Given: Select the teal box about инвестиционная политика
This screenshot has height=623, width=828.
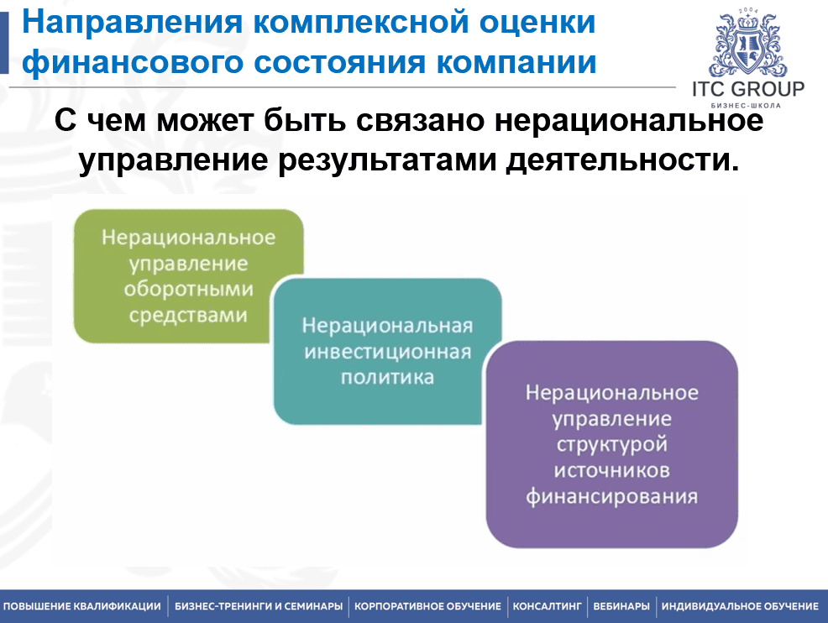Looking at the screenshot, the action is tap(387, 351).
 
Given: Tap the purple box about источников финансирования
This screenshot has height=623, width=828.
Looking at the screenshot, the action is tap(611, 444).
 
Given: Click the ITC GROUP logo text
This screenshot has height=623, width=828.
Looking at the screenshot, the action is tap(748, 89).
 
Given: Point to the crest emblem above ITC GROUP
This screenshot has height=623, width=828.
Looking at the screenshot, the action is tap(747, 44).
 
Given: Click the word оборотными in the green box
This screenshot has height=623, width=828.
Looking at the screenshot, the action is tap(188, 290).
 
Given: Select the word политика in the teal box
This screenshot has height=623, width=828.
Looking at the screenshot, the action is tap(387, 378).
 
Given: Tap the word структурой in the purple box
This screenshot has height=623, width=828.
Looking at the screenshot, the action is tap(611, 444).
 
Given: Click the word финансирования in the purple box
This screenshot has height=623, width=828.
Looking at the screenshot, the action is tap(611, 496).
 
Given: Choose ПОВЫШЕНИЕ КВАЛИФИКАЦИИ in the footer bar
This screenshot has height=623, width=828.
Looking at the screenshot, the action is tap(81, 606).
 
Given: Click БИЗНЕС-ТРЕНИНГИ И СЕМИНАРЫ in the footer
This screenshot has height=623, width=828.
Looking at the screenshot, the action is tap(259, 606).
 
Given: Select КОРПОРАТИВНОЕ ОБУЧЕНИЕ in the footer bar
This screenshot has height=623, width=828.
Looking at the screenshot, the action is tap(427, 606).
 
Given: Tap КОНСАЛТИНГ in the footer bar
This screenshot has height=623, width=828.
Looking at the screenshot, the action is tap(547, 606).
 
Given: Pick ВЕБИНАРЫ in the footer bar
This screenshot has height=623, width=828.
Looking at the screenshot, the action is tap(621, 606).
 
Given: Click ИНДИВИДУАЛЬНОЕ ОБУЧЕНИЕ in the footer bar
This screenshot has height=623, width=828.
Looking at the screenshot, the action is tap(740, 606).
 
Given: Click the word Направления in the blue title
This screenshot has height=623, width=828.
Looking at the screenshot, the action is tap(132, 24).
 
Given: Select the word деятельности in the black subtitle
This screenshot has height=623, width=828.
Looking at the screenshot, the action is tap(622, 160).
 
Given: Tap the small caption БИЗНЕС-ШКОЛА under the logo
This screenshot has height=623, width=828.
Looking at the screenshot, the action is tap(746, 106).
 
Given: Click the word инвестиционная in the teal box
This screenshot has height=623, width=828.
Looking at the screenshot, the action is tap(388, 352).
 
